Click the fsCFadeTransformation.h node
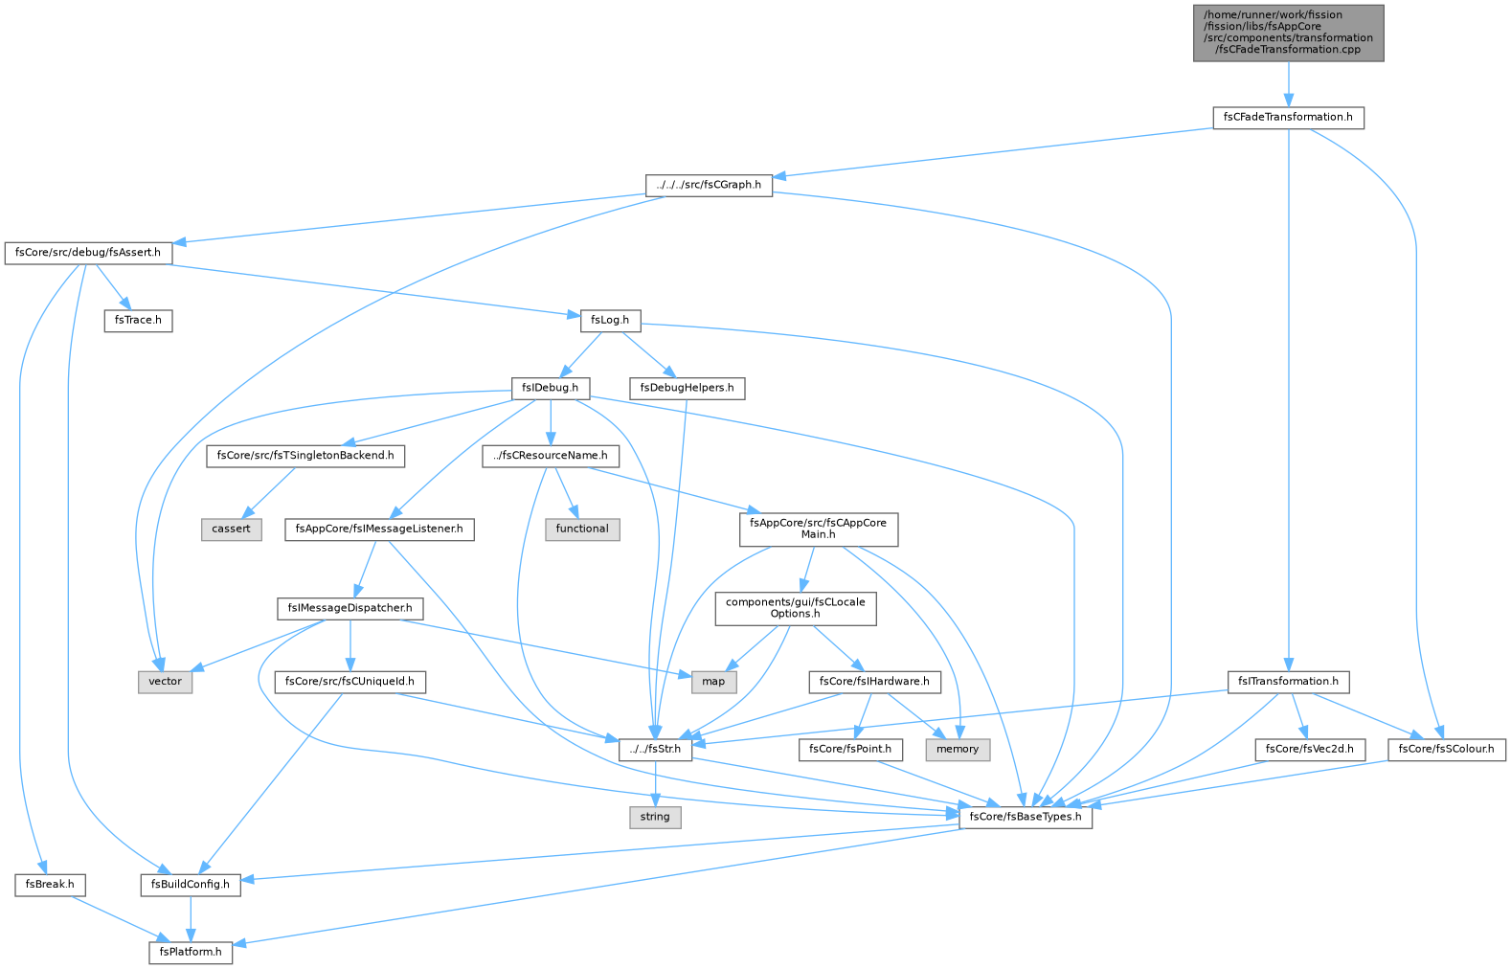point(1288,118)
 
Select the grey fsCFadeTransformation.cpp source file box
point(1288,34)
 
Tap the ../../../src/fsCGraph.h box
point(709,185)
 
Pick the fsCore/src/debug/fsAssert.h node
point(88,253)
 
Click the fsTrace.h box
point(138,321)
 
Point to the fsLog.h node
point(610,321)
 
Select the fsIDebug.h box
point(551,389)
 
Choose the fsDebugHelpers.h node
point(687,389)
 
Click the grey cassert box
point(232,530)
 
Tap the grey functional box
point(582,530)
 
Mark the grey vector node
point(166,682)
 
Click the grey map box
point(713,682)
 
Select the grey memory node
point(958,750)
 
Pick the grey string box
point(655,818)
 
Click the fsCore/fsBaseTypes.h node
point(1025,818)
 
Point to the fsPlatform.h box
point(191,952)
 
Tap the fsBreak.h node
point(50,885)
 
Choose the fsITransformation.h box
point(1288,682)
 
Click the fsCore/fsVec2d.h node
point(1309,750)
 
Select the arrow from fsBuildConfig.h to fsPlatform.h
point(191,918)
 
